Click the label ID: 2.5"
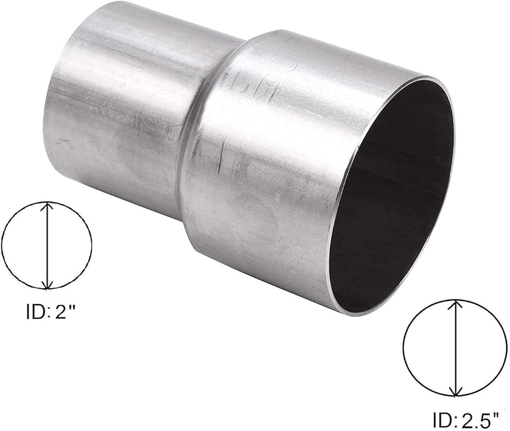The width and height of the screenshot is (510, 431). coord(466,420)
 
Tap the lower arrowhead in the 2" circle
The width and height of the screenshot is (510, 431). coord(47,284)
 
